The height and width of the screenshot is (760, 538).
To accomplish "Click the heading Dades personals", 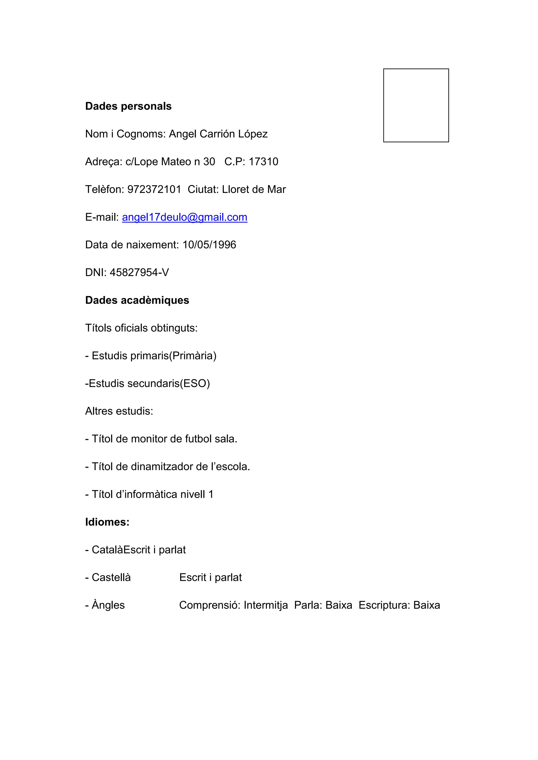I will click(x=128, y=106).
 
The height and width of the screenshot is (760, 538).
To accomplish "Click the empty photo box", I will click(x=416, y=105).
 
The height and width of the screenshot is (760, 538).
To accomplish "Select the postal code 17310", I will click(x=263, y=162).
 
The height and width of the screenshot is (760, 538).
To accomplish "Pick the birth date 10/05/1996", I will click(x=209, y=245).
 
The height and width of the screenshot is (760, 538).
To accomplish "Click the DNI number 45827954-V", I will click(x=139, y=272).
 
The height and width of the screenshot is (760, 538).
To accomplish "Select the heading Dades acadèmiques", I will click(x=137, y=300).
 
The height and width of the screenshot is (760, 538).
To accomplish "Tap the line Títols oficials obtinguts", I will click(x=141, y=328).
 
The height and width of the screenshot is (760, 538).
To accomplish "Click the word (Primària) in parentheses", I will click(x=193, y=356).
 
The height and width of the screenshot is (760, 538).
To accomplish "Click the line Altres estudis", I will click(x=119, y=411).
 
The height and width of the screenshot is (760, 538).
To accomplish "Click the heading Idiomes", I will click(x=107, y=522).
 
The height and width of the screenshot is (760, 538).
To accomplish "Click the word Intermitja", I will click(x=266, y=605).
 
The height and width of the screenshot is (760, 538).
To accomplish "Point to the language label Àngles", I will click(x=108, y=605).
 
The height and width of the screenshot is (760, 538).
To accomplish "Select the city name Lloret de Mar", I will click(x=254, y=189).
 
